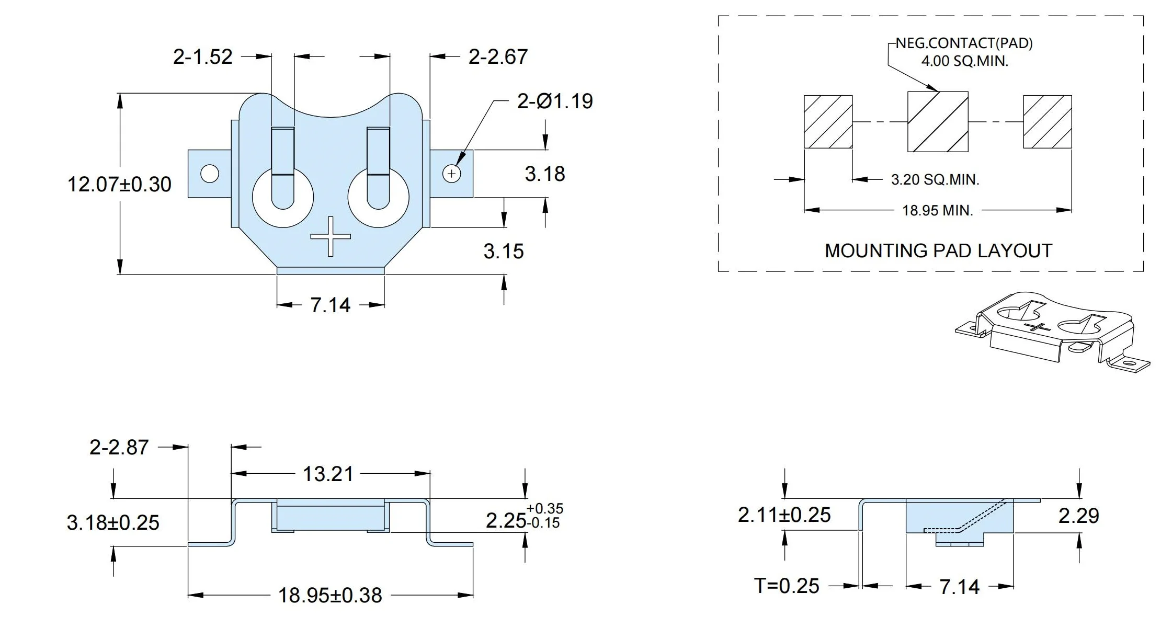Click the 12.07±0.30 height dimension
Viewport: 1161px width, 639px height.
119,185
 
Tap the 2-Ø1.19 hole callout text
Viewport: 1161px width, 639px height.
555,101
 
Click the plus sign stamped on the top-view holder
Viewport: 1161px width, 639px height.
331,236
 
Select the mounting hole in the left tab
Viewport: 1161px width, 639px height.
210,174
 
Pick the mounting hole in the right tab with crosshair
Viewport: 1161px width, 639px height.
452,174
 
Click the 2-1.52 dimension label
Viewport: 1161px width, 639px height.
203,56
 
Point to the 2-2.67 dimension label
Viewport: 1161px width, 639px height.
498,56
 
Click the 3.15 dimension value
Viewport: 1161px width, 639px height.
504,252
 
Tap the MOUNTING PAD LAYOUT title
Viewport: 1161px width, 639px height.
938,251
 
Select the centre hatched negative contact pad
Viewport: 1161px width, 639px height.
938,122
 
